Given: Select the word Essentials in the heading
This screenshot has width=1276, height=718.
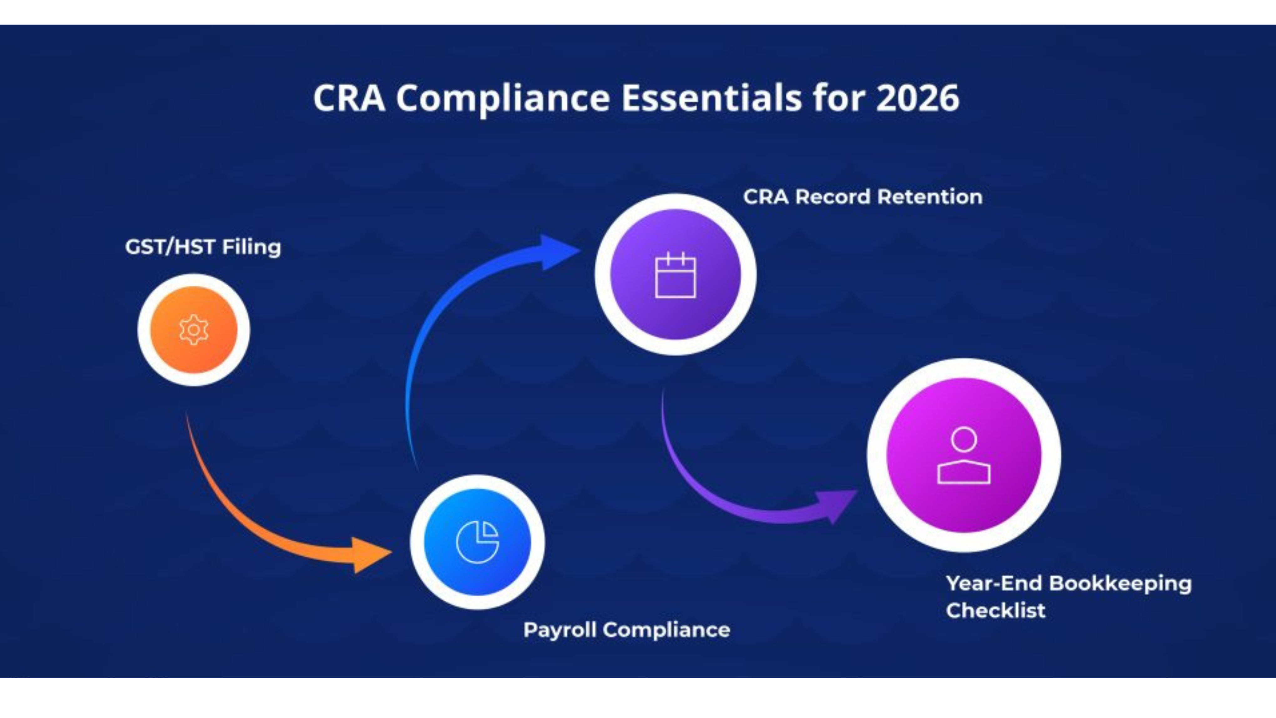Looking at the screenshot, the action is pyautogui.click(x=711, y=98).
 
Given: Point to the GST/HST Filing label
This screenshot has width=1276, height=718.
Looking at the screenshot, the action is pyautogui.click(x=203, y=247).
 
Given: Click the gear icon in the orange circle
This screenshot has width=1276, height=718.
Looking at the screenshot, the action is pyautogui.click(x=194, y=329).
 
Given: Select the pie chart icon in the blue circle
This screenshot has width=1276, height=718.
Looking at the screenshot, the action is pyautogui.click(x=477, y=542).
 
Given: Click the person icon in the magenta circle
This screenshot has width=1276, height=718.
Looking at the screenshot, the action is pyautogui.click(x=964, y=455).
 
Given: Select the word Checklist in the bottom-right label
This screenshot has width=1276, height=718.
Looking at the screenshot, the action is pyautogui.click(x=996, y=610).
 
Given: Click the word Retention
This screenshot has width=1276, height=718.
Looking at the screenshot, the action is pyautogui.click(x=930, y=197).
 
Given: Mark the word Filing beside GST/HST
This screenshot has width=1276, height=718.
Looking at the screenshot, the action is pyautogui.click(x=251, y=247).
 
